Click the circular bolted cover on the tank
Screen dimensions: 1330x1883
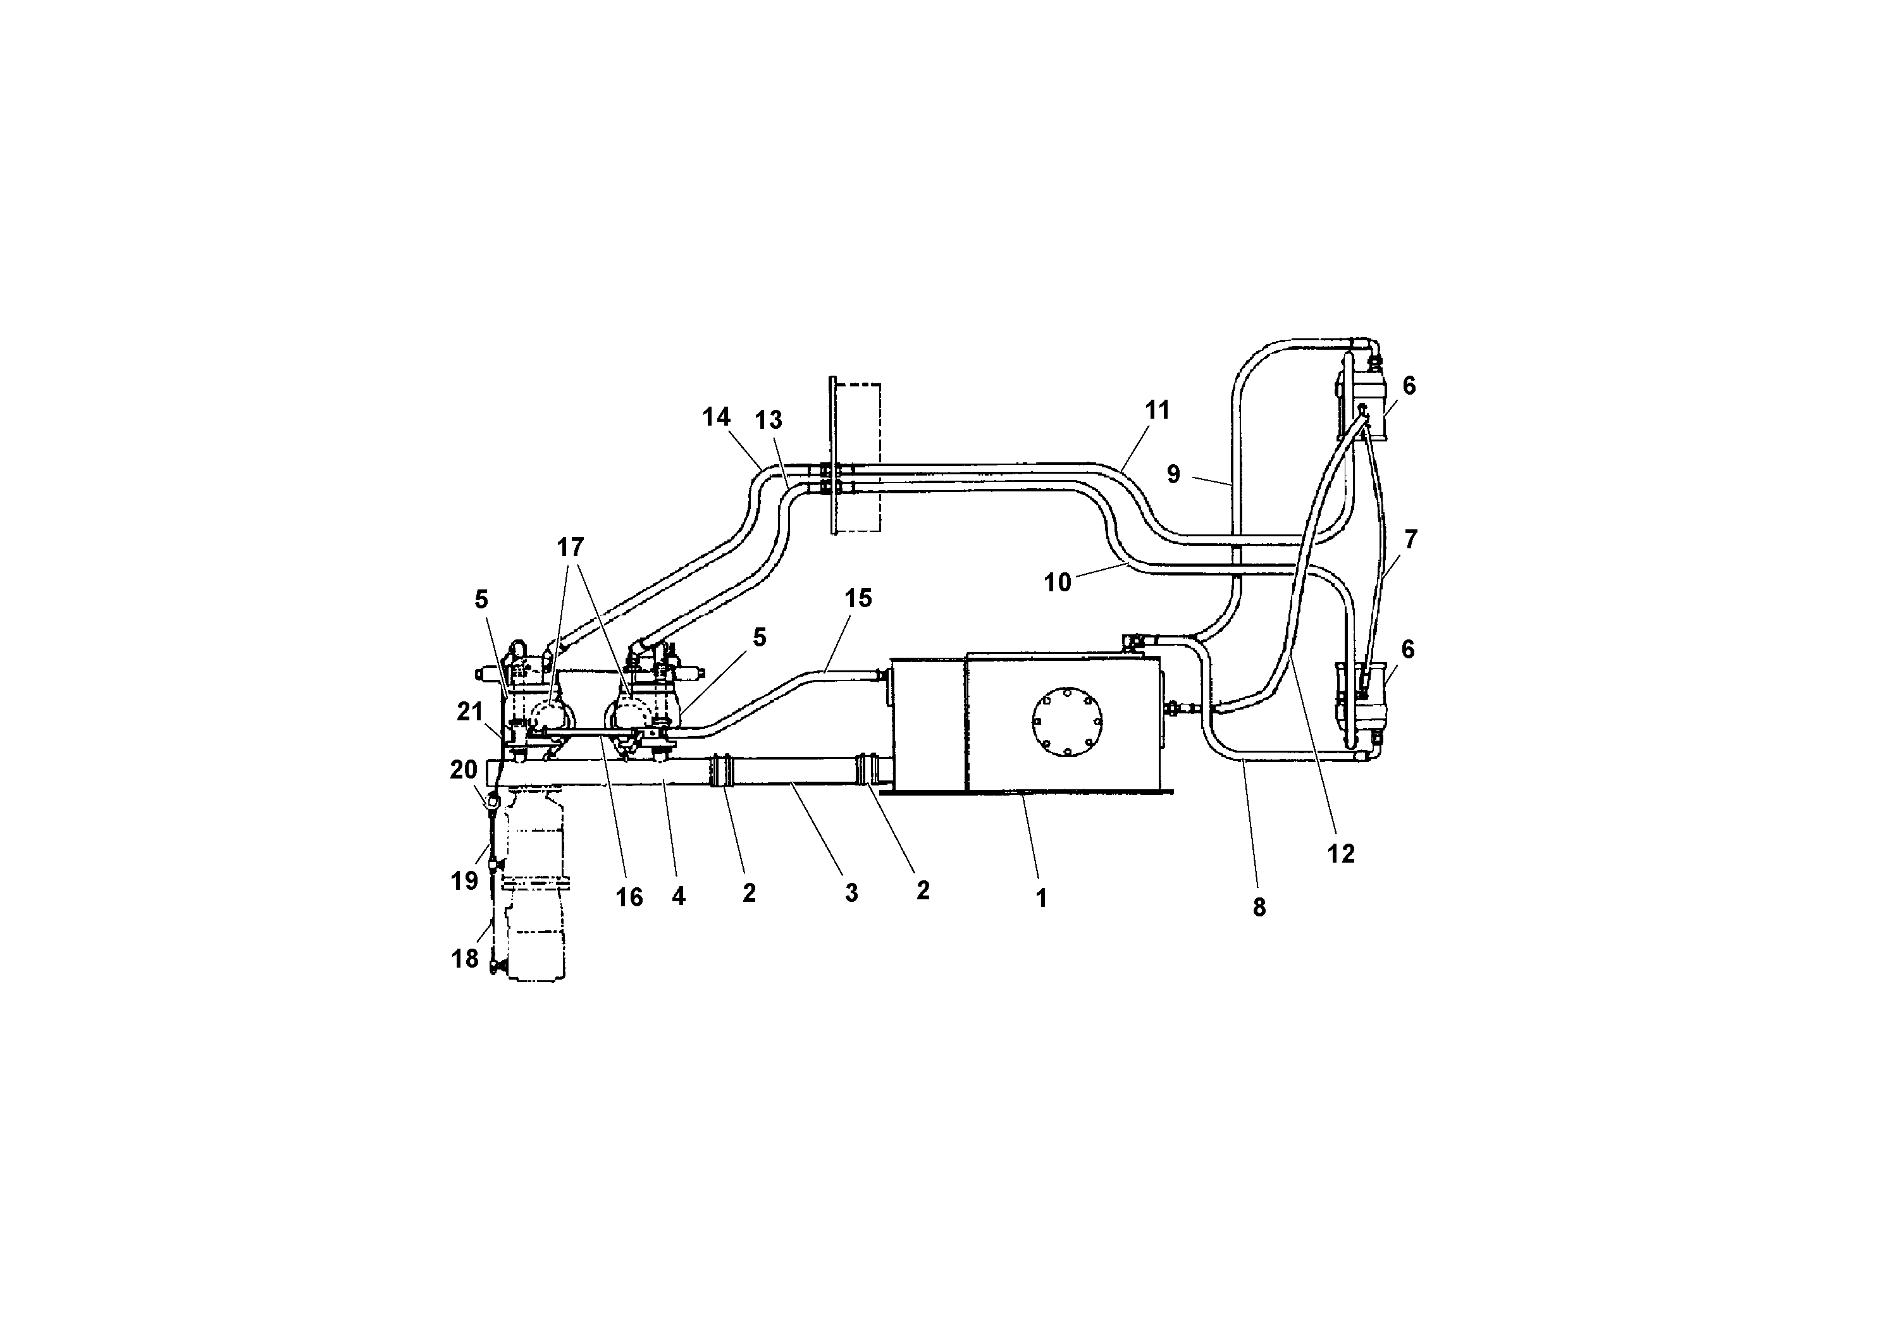tap(1066, 722)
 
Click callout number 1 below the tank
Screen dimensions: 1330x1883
tap(1040, 899)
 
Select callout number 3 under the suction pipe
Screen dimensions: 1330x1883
tap(851, 893)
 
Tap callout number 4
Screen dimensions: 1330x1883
tap(678, 896)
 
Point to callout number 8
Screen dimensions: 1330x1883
tap(1259, 907)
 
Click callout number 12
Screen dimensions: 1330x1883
tap(1341, 854)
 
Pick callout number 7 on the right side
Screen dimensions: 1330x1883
tap(1411, 539)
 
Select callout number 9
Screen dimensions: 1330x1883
tap(1173, 474)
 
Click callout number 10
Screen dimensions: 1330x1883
tap(1057, 582)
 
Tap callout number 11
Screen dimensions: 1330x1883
tap(1158, 410)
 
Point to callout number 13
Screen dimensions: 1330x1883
tap(769, 420)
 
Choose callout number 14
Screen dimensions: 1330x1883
tap(716, 417)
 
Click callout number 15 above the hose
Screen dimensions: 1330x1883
tap(858, 598)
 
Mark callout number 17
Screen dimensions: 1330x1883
tap(570, 546)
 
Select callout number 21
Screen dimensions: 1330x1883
tap(469, 711)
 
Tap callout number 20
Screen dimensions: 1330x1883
tap(464, 769)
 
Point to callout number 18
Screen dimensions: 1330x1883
tap(464, 957)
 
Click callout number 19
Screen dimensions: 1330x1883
tap(464, 880)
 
